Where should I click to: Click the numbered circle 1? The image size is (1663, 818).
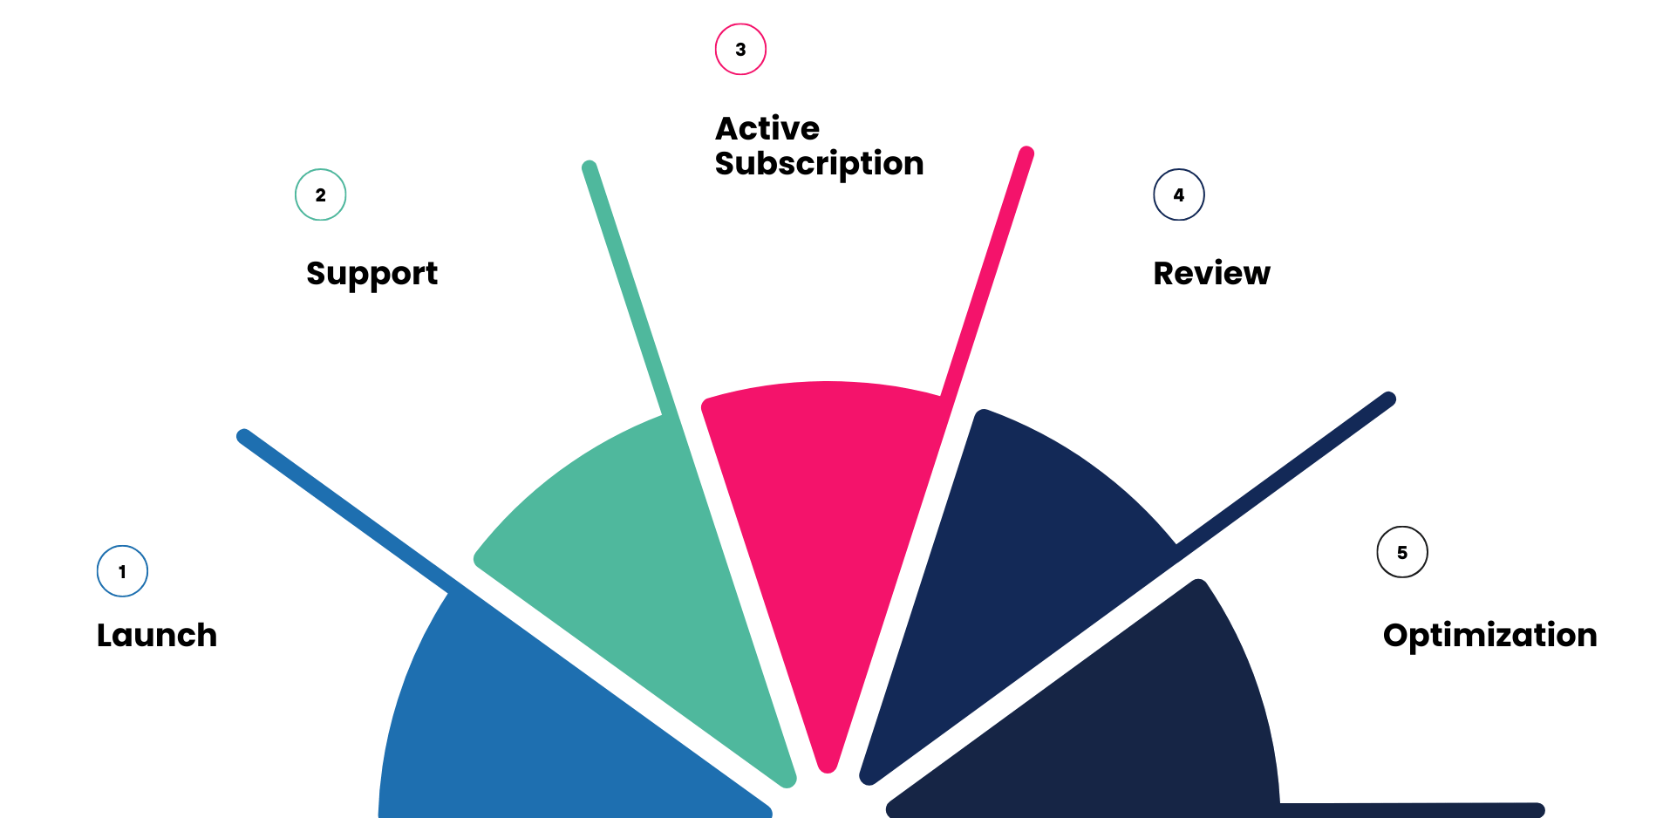(122, 572)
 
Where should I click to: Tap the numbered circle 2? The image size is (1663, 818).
(321, 195)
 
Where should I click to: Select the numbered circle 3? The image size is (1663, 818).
(740, 50)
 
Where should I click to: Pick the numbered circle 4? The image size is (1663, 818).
(1179, 195)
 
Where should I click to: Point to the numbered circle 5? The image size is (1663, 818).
(1402, 553)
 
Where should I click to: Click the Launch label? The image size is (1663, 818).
(157, 636)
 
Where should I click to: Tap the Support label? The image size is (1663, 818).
(371, 274)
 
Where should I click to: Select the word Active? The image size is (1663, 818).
(767, 129)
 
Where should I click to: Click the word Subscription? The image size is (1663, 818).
(819, 164)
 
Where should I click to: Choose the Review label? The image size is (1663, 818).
(1211, 274)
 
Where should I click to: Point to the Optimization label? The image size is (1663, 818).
(1489, 636)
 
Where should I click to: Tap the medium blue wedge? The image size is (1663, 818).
(541, 724)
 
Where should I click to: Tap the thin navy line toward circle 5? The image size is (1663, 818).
(1291, 467)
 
